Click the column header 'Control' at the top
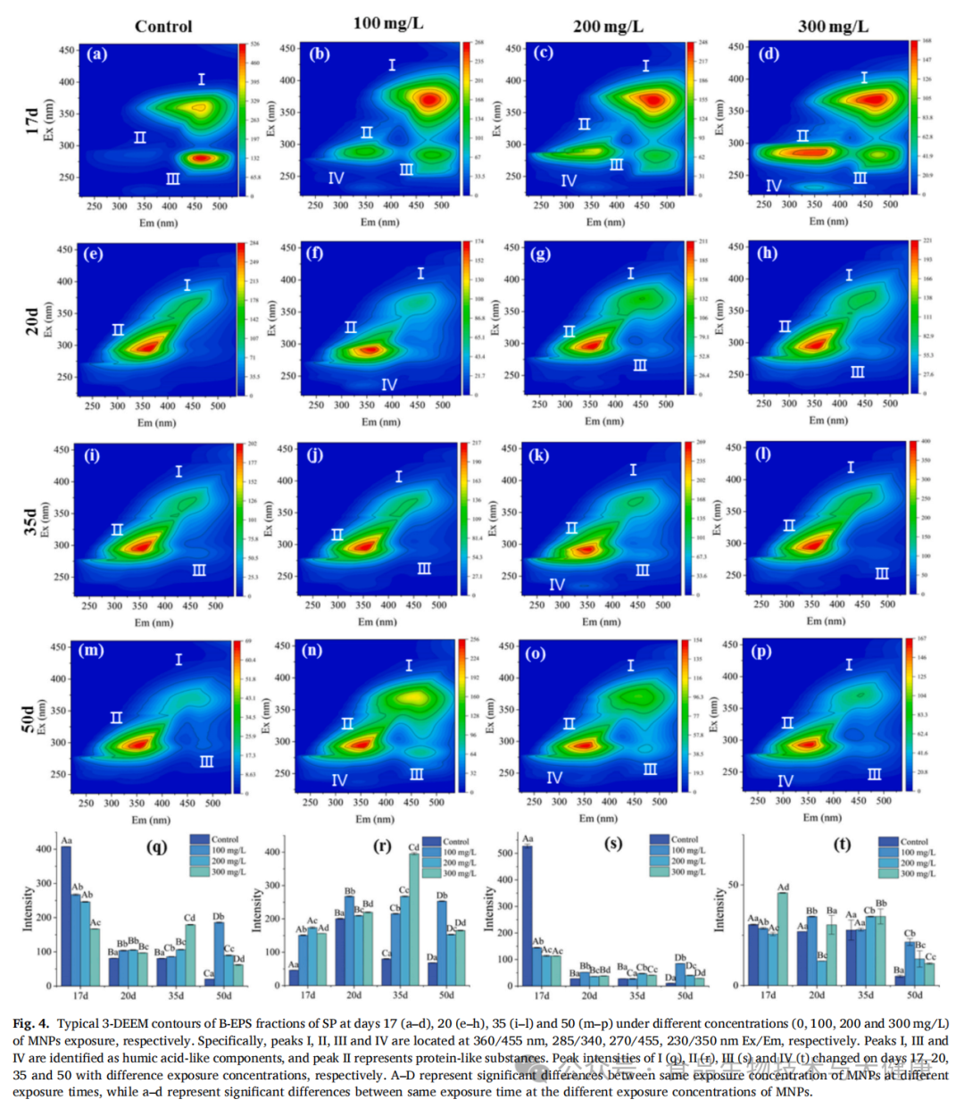pyautogui.click(x=163, y=26)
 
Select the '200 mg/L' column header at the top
pyautogui.click(x=608, y=26)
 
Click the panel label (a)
pyautogui.click(x=96, y=54)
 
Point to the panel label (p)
pyautogui.click(x=761, y=651)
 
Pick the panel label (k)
pyautogui.click(x=538, y=455)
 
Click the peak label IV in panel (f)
pyautogui.click(x=389, y=385)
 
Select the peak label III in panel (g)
pyautogui.click(x=640, y=365)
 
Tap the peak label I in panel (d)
pyautogui.click(x=864, y=78)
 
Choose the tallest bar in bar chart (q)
pyautogui.click(x=66, y=915)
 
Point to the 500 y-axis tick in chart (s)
pyautogui.click(x=506, y=853)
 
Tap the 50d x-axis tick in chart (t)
pyautogui.click(x=914, y=995)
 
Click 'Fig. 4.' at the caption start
pyautogui.click(x=31, y=1023)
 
